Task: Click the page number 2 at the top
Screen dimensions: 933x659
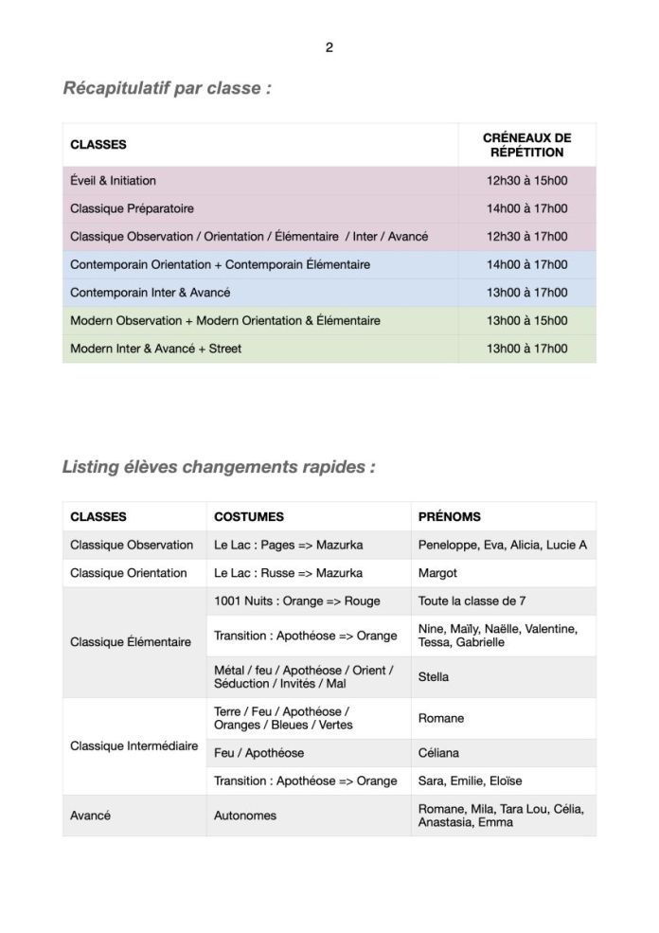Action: click(x=329, y=47)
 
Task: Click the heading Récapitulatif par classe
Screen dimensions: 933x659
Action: click(x=167, y=89)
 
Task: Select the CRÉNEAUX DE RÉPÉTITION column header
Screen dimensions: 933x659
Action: click(x=526, y=145)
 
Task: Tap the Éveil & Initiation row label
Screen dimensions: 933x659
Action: click(x=114, y=181)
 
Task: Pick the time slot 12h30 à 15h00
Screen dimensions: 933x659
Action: click(x=526, y=181)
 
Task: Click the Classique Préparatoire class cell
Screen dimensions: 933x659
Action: click(x=132, y=208)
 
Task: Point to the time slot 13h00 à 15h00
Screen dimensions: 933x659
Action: click(x=526, y=321)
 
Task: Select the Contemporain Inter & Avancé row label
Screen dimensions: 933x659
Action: click(x=150, y=293)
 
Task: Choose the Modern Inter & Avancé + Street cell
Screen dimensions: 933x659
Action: click(x=155, y=349)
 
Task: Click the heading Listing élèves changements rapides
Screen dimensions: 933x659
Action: click(x=219, y=467)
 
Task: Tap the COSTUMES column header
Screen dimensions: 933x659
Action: click(x=248, y=517)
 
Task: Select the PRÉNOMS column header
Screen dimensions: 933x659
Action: click(x=449, y=517)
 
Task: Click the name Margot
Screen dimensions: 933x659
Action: click(x=437, y=573)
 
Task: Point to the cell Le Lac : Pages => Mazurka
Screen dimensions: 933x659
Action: click(x=288, y=546)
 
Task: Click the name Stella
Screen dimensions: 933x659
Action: click(x=434, y=677)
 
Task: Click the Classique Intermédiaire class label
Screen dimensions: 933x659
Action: click(x=134, y=746)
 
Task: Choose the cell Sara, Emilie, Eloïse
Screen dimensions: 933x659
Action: click(x=470, y=781)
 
